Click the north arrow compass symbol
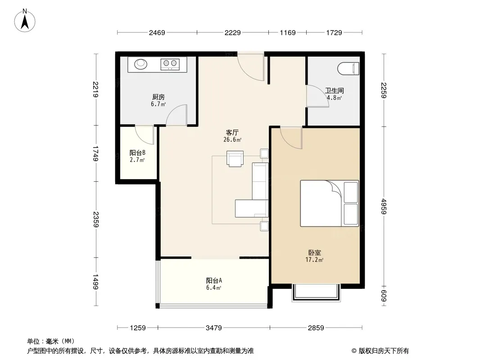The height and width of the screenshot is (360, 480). (x=25, y=21)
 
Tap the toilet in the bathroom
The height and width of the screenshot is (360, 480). (x=349, y=68)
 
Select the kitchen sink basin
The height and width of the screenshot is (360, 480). (x=141, y=64)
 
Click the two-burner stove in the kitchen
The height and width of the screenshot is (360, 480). (x=170, y=64)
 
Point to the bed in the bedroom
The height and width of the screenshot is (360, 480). (x=330, y=203)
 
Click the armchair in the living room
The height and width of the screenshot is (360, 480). (x=235, y=159)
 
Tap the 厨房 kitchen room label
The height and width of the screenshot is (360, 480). (x=158, y=97)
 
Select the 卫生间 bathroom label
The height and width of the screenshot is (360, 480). (x=334, y=90)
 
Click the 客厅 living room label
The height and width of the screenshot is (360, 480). (x=232, y=132)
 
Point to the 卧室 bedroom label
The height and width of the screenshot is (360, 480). (x=314, y=252)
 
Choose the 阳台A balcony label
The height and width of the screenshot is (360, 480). (x=214, y=280)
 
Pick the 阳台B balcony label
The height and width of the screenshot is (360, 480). (x=137, y=153)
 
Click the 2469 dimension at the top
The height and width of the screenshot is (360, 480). (x=157, y=32)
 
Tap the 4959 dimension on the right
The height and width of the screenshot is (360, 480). (x=384, y=207)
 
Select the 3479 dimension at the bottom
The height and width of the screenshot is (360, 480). (x=214, y=328)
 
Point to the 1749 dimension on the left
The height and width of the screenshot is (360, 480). (x=96, y=154)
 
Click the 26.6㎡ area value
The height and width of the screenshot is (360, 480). (x=232, y=140)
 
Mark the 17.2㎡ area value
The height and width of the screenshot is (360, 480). (x=314, y=260)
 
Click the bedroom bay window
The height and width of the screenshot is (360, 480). (x=316, y=292)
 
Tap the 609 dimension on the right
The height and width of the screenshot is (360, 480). (x=384, y=296)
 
